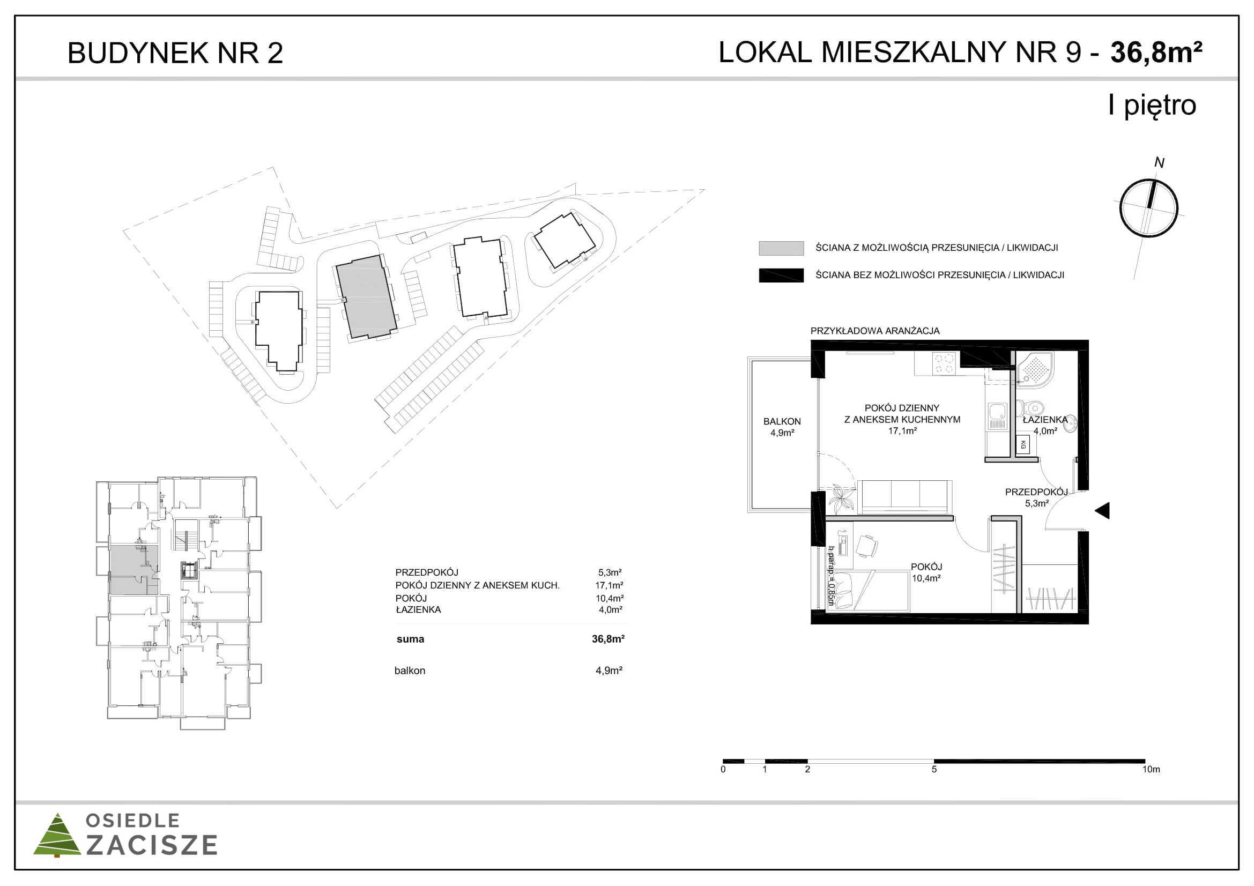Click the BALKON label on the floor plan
(782, 421)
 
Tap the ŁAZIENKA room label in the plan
(1045, 420)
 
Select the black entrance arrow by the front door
(1102, 511)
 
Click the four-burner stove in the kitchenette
(944, 363)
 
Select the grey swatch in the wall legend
(781, 248)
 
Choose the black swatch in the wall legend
(781, 275)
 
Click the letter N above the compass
(1159, 163)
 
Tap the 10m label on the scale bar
(1151, 769)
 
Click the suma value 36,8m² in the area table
(608, 639)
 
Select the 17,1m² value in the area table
(609, 585)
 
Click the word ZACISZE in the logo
(152, 845)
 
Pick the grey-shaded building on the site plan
(365, 296)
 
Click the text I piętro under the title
(1152, 106)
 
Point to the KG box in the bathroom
(1023, 445)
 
